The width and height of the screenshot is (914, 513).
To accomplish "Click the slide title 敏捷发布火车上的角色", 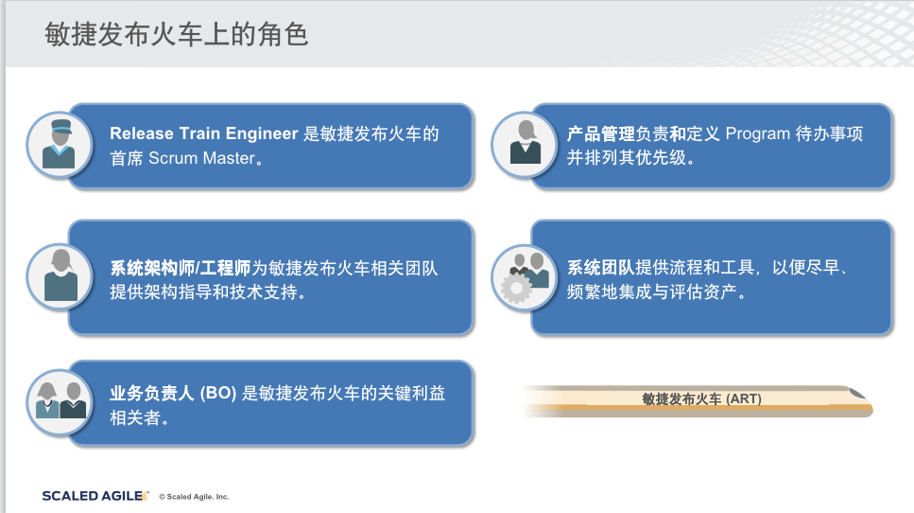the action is tap(176, 34).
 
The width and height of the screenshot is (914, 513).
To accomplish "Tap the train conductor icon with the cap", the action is tap(59, 144).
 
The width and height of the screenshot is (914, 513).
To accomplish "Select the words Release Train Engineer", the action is tap(204, 133).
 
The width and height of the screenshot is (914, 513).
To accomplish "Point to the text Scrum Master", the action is tap(201, 158).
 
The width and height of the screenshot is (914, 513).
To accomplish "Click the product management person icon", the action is tap(525, 144).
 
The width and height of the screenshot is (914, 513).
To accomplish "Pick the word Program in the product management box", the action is tap(758, 133).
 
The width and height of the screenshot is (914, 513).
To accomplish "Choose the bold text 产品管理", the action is tap(601, 133).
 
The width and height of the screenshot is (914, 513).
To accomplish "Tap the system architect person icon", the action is tap(60, 276).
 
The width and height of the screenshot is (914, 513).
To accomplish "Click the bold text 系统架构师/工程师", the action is tap(181, 268).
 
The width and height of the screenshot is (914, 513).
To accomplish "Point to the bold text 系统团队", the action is tap(601, 267).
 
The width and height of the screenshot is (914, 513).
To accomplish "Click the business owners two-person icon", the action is tap(60, 402).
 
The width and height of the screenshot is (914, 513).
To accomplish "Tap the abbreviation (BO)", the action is tap(218, 394).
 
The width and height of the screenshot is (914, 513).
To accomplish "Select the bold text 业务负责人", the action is tap(151, 394).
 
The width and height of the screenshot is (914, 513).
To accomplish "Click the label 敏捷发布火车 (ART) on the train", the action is tap(702, 399).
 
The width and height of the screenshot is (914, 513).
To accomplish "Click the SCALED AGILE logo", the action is tap(95, 496).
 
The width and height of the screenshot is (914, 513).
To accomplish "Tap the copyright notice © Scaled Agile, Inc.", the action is tap(194, 497).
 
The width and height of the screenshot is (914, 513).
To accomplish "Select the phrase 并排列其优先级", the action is tap(627, 157).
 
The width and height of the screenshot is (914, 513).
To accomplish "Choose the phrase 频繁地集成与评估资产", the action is tap(652, 292).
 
